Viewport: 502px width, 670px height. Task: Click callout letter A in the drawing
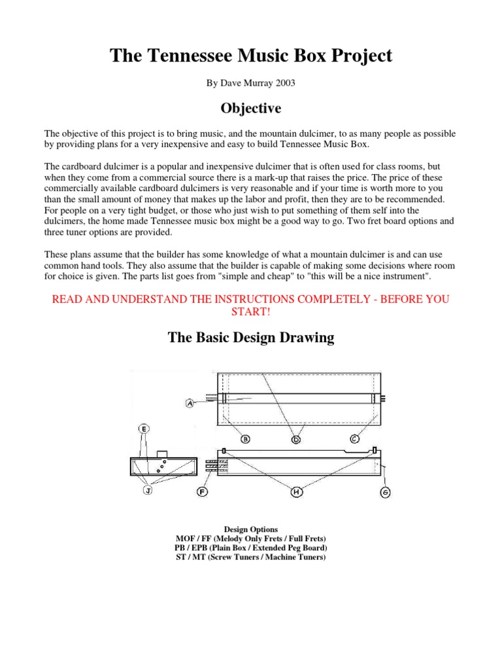pyautogui.click(x=190, y=404)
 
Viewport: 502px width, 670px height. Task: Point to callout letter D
pyautogui.click(x=295, y=440)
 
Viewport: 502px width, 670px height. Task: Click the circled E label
pyautogui.click(x=144, y=429)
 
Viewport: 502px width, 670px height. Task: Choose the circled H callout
pyautogui.click(x=295, y=492)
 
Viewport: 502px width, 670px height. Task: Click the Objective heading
pyautogui.click(x=251, y=107)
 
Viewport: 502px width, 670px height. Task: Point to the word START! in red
pyautogui.click(x=251, y=311)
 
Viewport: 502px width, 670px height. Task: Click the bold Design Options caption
pyautogui.click(x=251, y=529)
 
